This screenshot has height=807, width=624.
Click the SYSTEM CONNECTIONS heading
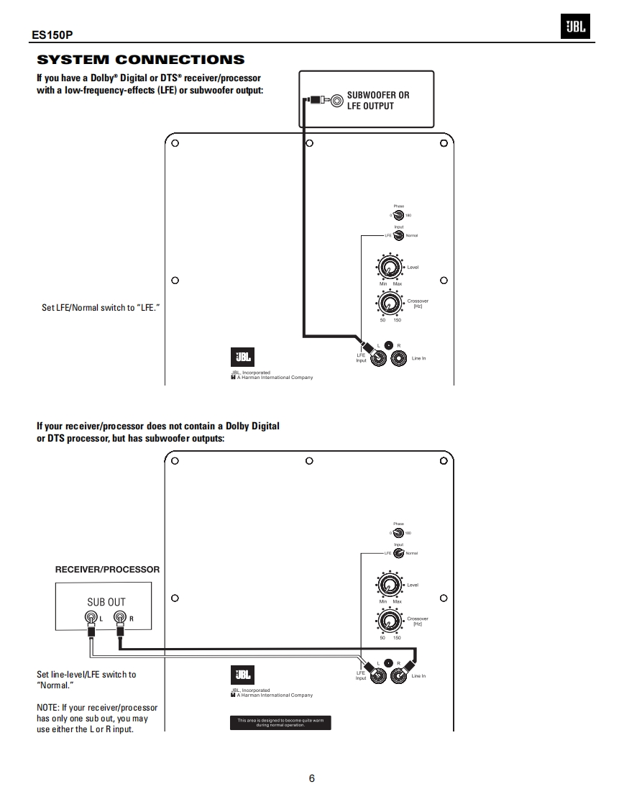point(141,60)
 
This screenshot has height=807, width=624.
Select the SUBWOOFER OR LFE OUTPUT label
point(378,101)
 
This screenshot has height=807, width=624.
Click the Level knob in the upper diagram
point(389,268)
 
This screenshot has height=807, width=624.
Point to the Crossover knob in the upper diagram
point(389,302)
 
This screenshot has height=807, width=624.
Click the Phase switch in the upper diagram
point(398,215)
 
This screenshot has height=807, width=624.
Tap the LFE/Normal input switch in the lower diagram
point(398,553)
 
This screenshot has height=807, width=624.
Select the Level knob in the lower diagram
point(389,585)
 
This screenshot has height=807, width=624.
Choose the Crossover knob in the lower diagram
point(389,619)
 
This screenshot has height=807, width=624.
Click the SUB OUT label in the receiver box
point(106,602)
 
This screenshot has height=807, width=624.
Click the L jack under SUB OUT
point(91,617)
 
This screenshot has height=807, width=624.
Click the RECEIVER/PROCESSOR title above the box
point(108,570)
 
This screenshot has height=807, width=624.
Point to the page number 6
point(311,778)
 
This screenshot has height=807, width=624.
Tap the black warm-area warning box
point(280,723)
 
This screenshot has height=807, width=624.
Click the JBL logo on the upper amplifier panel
point(242,357)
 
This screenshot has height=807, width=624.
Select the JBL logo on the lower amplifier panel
point(242,675)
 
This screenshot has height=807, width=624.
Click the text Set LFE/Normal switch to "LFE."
point(101,308)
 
